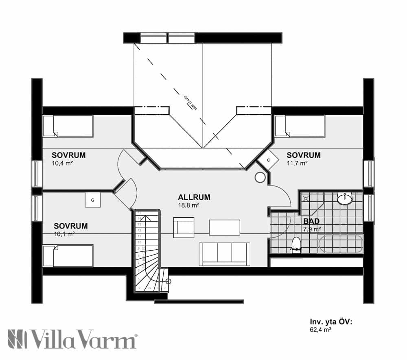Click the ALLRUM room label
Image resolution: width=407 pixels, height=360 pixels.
(194, 197)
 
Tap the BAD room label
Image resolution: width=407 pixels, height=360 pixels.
(311, 221)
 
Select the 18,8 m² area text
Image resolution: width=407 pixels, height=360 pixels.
(188, 206)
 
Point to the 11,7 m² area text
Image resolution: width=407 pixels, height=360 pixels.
(297, 163)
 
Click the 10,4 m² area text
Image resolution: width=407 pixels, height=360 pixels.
(62, 163)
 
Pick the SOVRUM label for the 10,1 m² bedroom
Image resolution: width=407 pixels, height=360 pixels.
(71, 226)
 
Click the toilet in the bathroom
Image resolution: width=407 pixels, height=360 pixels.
(296, 244)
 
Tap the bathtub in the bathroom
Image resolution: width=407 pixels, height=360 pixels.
(340, 244)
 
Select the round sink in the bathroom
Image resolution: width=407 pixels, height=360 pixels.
(345, 199)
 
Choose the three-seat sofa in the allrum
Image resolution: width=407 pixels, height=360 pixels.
(225, 254)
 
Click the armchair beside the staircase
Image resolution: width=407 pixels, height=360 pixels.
(184, 227)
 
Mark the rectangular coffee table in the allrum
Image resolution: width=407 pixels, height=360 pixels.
(224, 227)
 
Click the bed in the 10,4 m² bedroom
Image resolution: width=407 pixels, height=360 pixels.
(68, 126)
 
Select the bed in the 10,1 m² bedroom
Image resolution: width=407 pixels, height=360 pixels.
(68, 255)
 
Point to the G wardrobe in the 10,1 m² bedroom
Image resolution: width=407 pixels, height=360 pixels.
(93, 200)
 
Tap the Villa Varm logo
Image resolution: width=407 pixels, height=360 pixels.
(72, 338)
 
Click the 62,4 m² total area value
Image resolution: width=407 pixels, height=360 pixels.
(320, 331)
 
